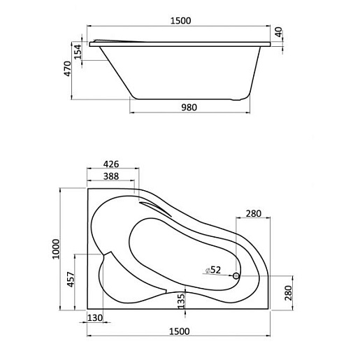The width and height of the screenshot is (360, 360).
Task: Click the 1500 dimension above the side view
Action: [x=180, y=21]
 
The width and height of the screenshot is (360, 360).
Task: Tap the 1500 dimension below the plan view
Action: [x=179, y=331]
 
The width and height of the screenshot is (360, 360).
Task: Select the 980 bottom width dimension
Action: [x=189, y=107]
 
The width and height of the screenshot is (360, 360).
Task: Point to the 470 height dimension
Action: [x=68, y=69]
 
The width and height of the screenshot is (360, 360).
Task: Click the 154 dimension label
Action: [x=78, y=52]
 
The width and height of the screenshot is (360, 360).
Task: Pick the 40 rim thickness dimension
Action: [x=278, y=32]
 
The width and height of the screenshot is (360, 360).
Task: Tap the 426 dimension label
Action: [x=111, y=164]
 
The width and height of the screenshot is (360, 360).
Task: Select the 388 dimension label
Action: [x=111, y=176]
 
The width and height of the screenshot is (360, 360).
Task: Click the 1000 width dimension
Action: [x=56, y=249]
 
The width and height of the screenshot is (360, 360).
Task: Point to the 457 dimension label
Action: [x=71, y=280]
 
